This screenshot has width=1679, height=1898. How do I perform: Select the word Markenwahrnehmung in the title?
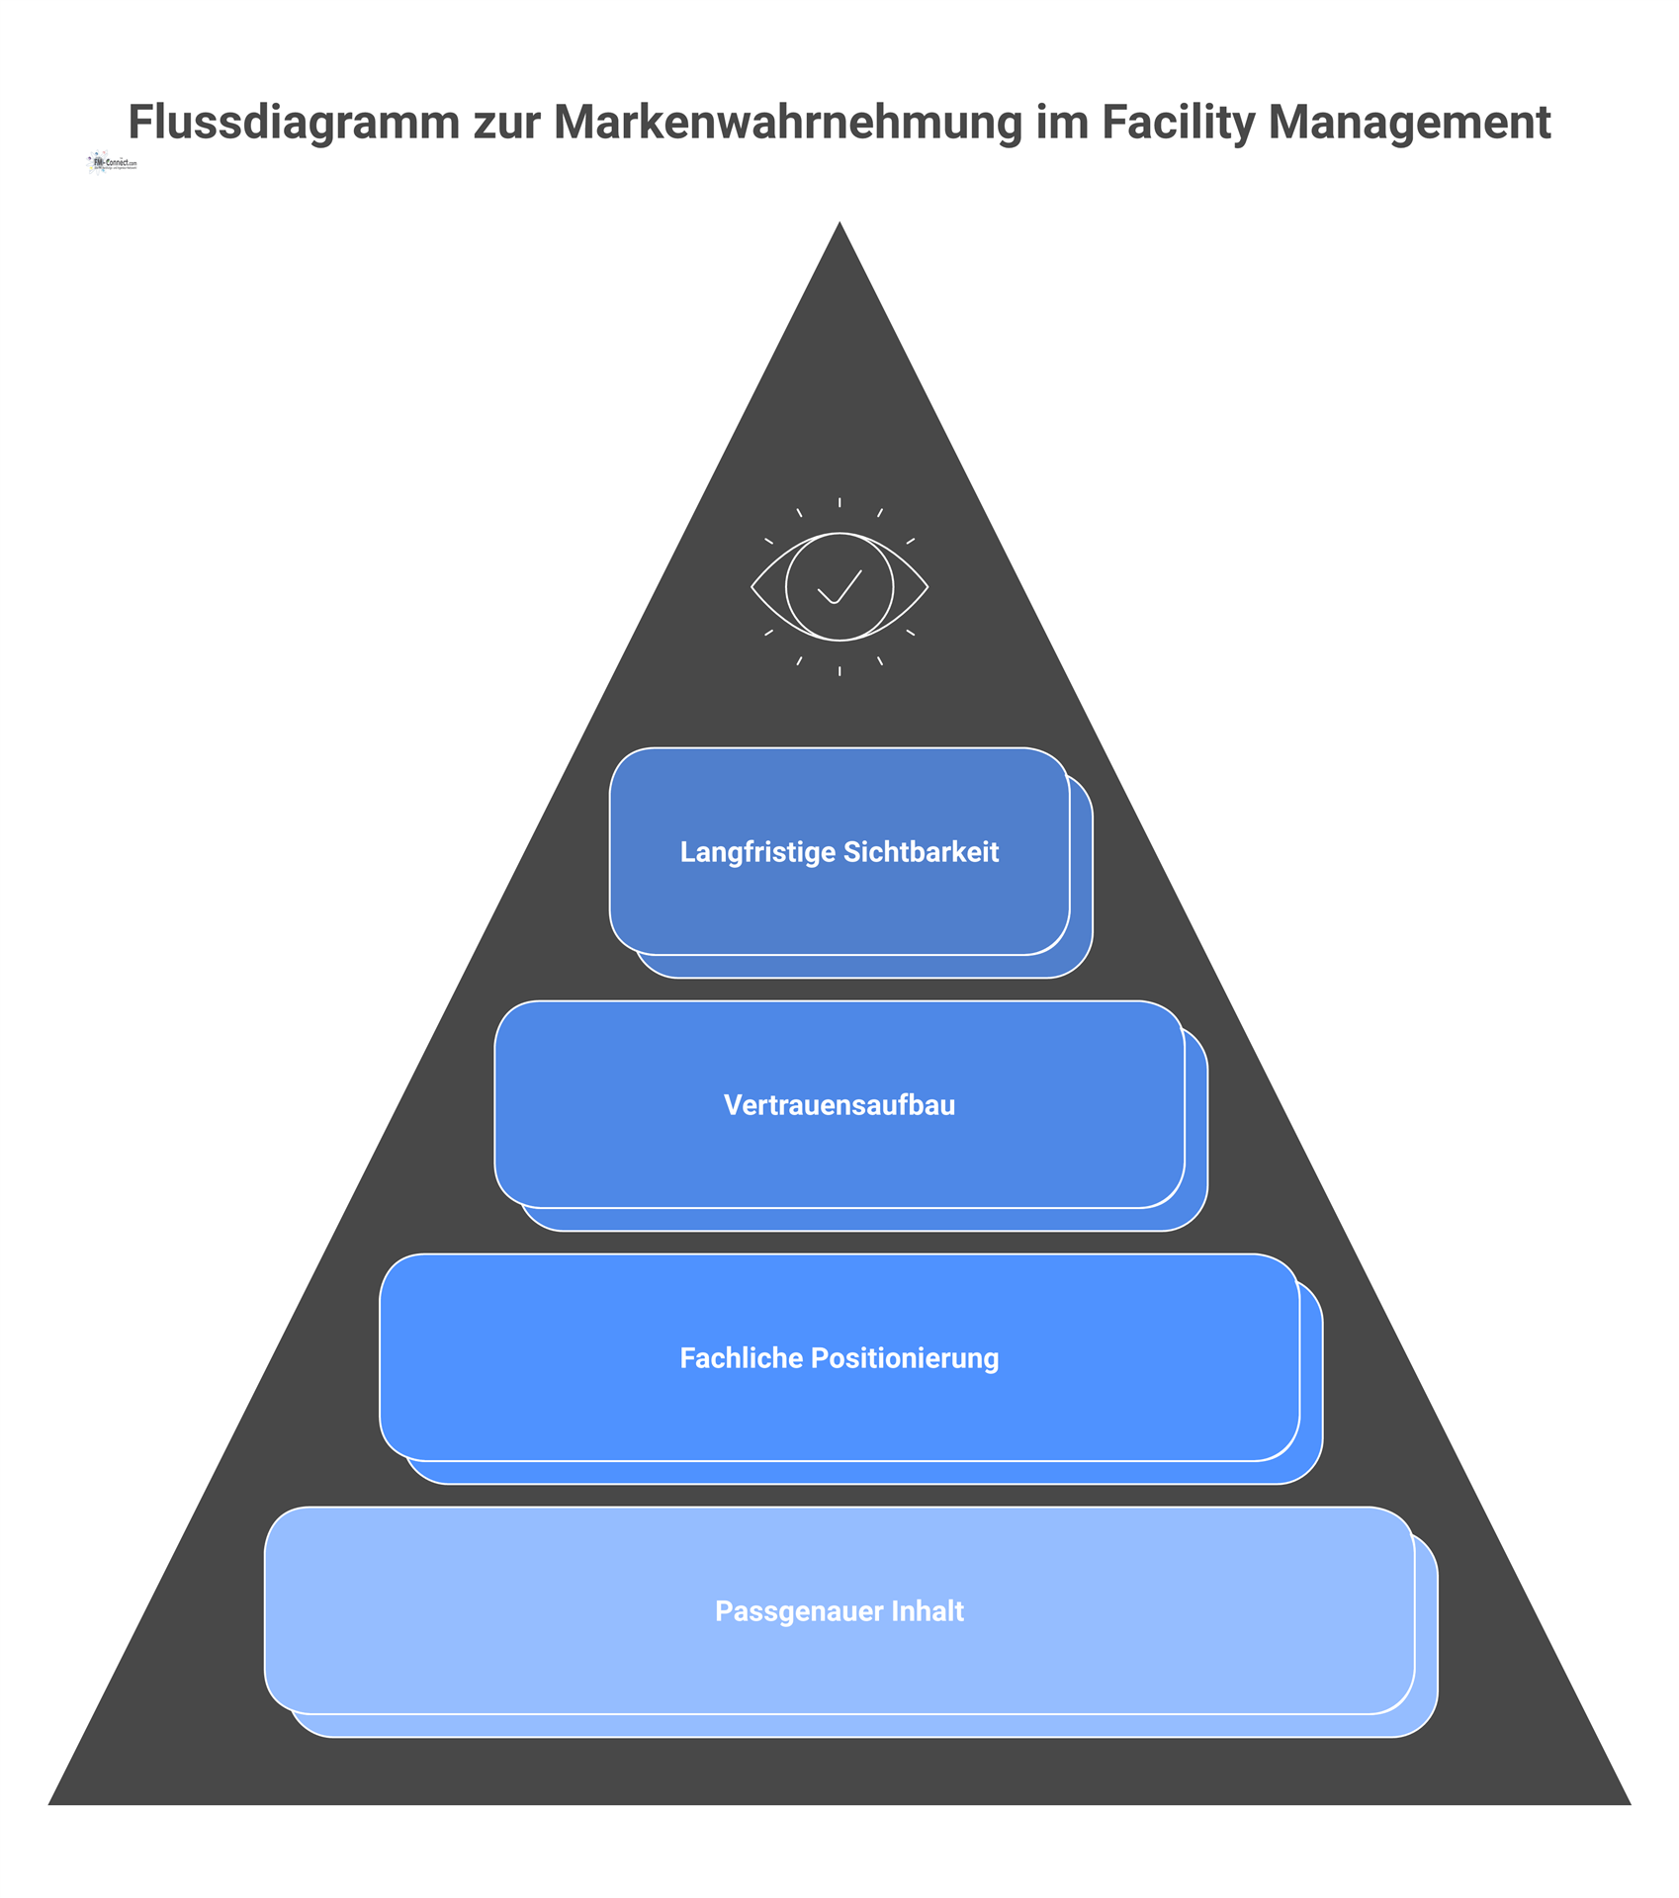pos(787,124)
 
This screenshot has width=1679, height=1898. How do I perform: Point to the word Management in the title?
pos(1409,124)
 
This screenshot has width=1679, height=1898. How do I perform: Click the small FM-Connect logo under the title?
pos(113,163)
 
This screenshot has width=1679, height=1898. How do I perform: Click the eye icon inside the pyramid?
pos(839,587)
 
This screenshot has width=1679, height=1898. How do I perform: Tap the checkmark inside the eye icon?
pos(839,586)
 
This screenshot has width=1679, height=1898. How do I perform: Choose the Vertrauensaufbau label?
pos(839,1105)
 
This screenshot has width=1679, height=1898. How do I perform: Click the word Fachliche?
pos(741,1358)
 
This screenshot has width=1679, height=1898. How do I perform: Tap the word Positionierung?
pos(905,1358)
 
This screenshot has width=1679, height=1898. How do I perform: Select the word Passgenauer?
pos(798,1611)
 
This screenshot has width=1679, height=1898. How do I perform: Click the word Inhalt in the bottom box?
pos(928,1611)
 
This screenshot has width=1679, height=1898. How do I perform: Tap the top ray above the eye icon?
pos(839,503)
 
